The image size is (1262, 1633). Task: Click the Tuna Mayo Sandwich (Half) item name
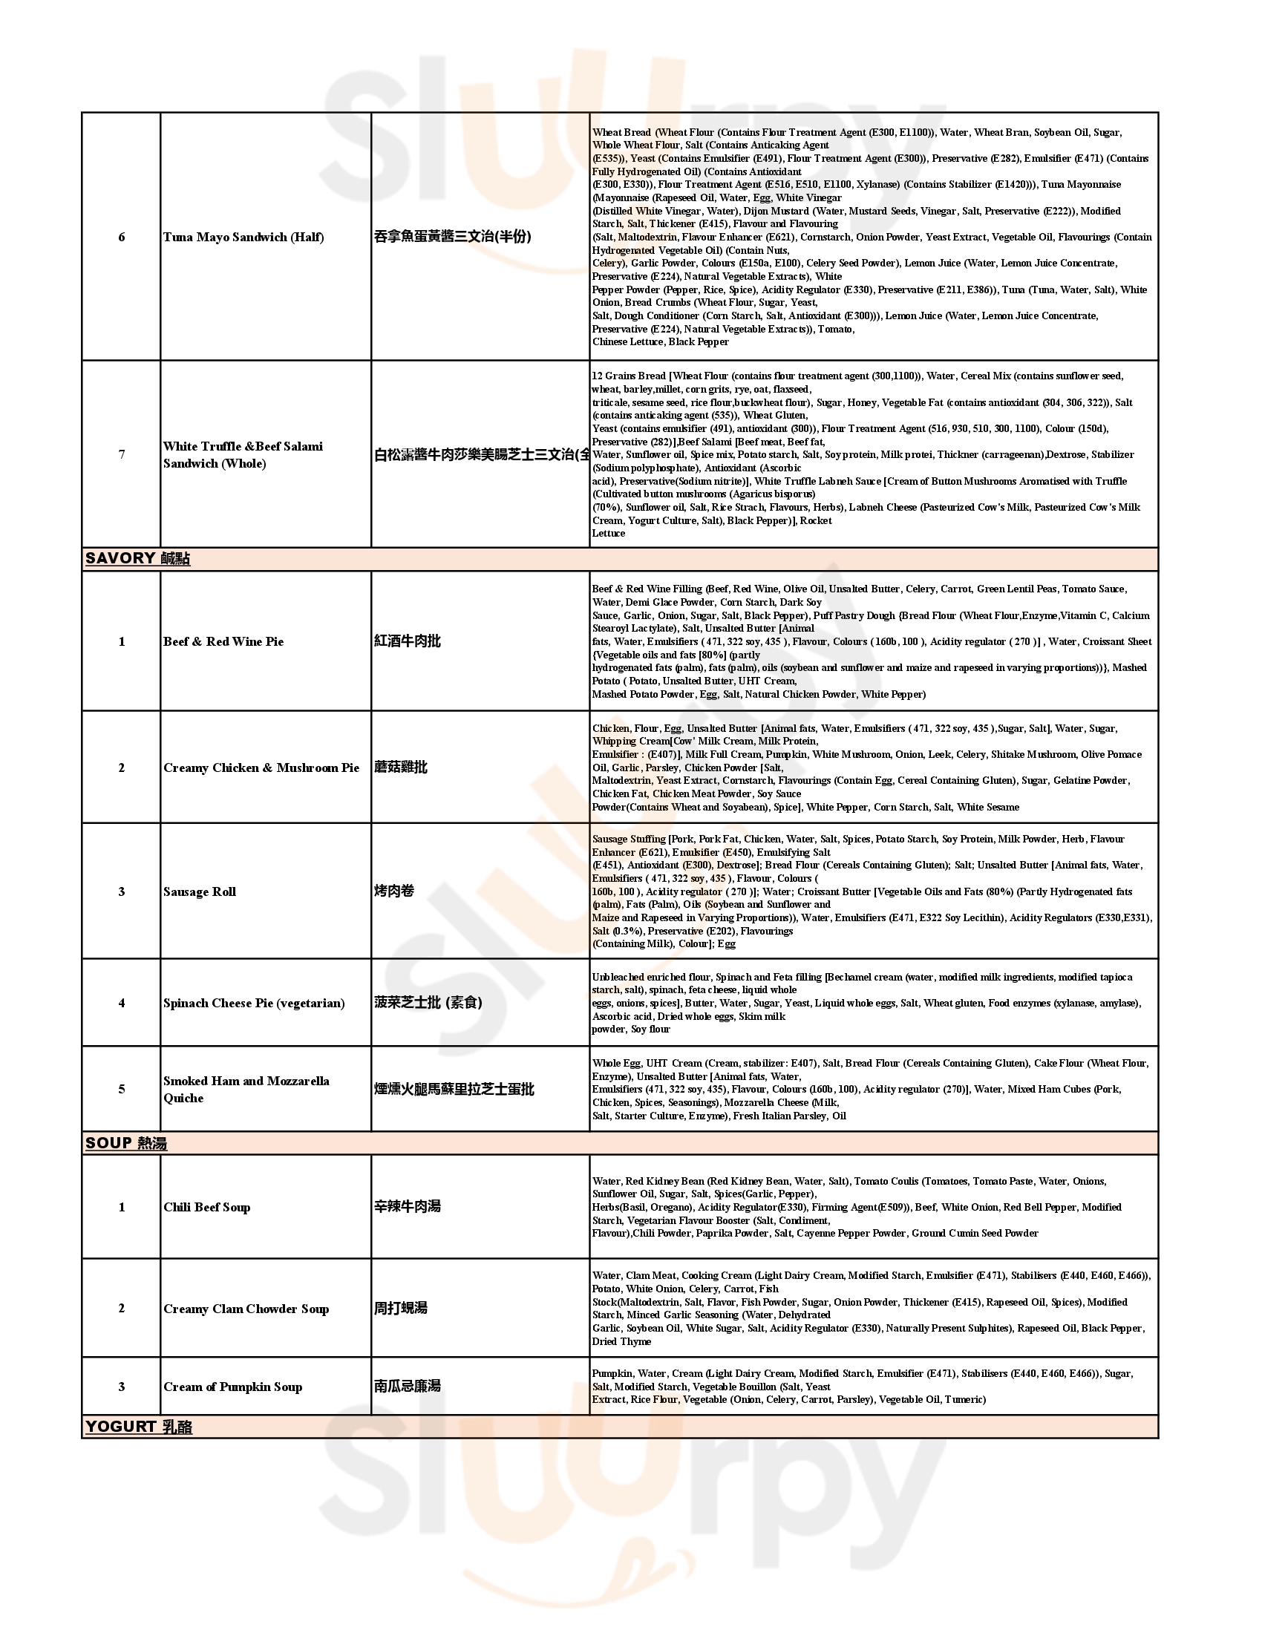pyautogui.click(x=243, y=237)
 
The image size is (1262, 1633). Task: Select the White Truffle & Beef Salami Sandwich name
pyautogui.click(x=243, y=454)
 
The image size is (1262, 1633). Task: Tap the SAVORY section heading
pyautogui.click(x=137, y=558)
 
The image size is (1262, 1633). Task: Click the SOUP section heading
pyautogui.click(x=125, y=1143)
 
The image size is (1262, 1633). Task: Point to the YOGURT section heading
pyautogui.click(x=138, y=1427)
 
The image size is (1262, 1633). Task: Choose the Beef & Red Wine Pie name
pyautogui.click(x=223, y=641)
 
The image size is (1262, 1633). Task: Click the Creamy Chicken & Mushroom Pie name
pyautogui.click(x=261, y=768)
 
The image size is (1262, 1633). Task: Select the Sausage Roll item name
pyautogui.click(x=200, y=891)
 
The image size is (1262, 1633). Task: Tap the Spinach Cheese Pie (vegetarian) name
pyautogui.click(x=254, y=1003)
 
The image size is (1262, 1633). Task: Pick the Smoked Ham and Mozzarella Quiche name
pyautogui.click(x=246, y=1090)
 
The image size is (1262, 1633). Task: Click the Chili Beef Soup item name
pyautogui.click(x=207, y=1207)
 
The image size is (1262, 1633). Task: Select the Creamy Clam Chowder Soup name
pyautogui.click(x=246, y=1309)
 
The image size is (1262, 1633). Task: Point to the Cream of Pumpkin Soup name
pyautogui.click(x=232, y=1387)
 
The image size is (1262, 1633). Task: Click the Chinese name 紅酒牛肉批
pyautogui.click(x=408, y=641)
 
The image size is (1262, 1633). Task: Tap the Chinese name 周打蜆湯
pyautogui.click(x=401, y=1309)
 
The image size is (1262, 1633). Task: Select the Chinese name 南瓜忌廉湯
pyautogui.click(x=408, y=1387)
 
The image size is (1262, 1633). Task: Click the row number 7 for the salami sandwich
pyautogui.click(x=122, y=454)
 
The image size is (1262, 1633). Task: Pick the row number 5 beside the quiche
pyautogui.click(x=122, y=1090)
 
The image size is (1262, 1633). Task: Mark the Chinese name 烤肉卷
pyautogui.click(x=394, y=891)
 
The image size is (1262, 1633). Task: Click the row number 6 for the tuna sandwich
pyautogui.click(x=122, y=237)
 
